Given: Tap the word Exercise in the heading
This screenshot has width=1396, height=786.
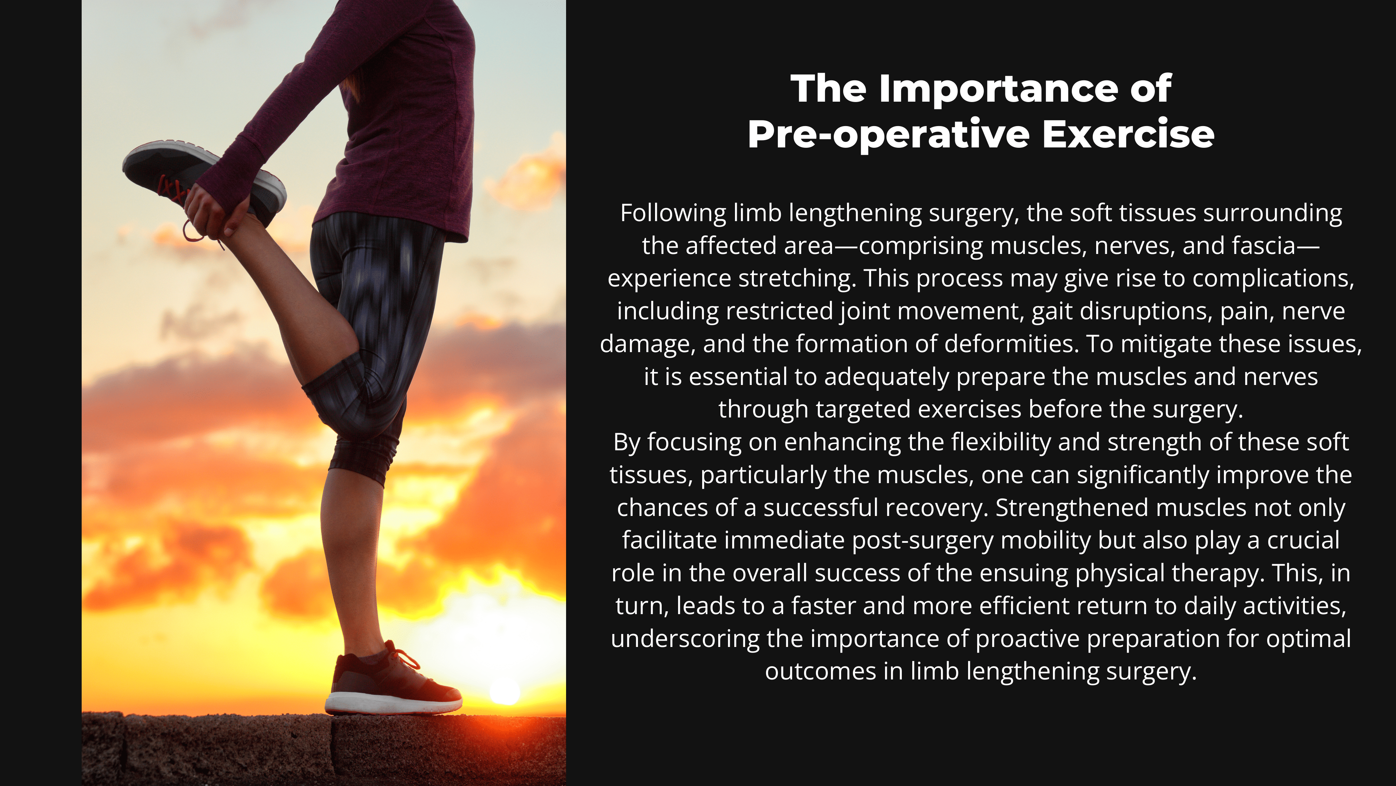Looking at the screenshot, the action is pos(1128,134).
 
